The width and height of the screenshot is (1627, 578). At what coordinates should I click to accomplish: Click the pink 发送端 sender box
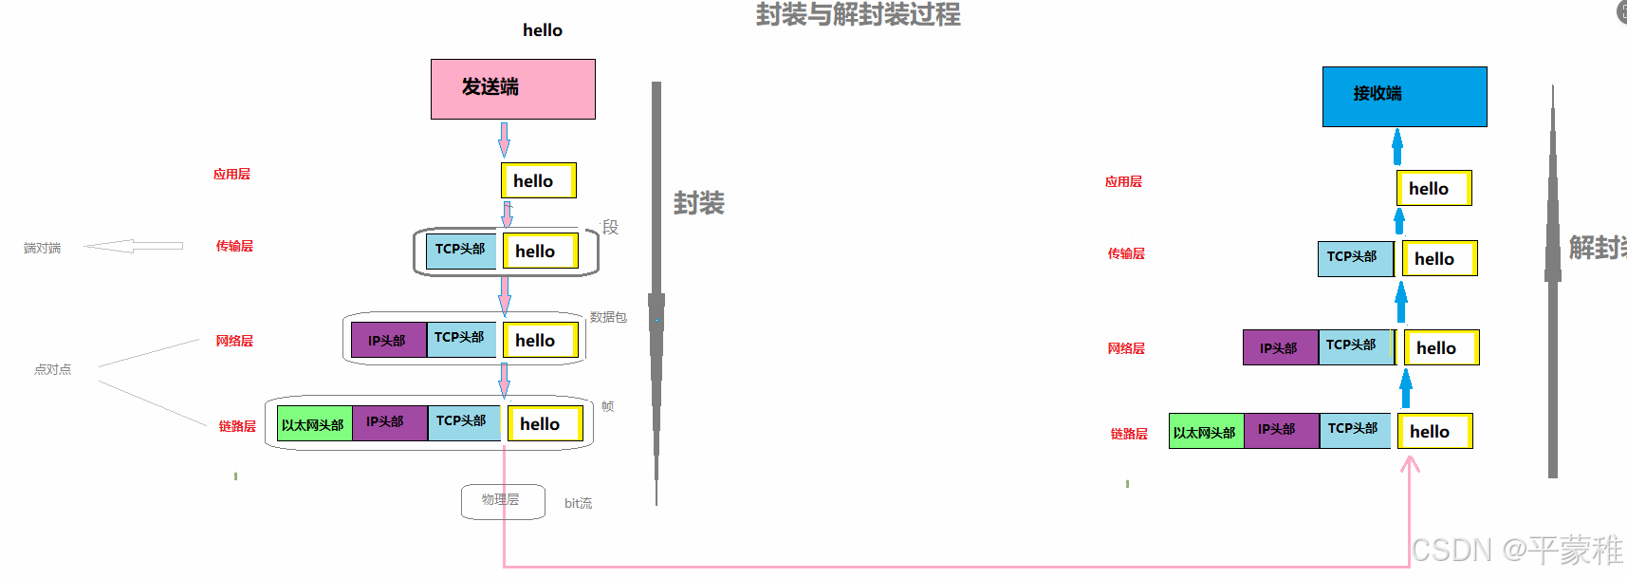(x=512, y=89)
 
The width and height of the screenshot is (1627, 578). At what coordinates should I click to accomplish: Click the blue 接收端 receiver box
(x=1404, y=96)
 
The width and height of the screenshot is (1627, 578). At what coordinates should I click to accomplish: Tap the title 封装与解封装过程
(x=858, y=15)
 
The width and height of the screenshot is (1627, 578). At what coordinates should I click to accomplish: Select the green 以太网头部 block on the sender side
(x=314, y=423)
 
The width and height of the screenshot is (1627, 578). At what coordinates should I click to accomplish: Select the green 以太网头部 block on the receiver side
(x=1206, y=431)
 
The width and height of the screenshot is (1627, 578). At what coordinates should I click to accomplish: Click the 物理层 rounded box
(x=503, y=501)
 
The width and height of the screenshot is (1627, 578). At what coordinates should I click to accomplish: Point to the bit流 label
(x=578, y=503)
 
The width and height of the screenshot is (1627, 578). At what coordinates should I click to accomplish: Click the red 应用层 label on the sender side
(x=231, y=174)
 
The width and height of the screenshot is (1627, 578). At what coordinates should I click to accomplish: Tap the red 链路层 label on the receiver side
(x=1129, y=434)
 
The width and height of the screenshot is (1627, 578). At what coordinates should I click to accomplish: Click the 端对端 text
(x=42, y=248)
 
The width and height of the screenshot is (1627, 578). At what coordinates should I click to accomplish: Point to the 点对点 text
(x=52, y=369)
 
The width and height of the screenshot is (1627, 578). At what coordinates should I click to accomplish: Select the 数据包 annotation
(x=608, y=317)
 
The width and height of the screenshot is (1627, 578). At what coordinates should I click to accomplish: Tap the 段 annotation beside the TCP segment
(x=610, y=227)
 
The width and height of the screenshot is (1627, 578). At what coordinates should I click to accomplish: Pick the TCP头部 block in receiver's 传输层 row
(x=1355, y=258)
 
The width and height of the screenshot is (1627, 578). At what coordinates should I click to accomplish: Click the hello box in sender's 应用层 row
(x=538, y=180)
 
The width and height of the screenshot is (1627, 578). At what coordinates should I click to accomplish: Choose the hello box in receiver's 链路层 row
(x=1434, y=431)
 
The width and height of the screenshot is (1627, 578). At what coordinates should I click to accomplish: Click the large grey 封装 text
(x=698, y=203)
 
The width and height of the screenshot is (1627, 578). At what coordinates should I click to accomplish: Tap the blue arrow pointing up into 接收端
(x=1397, y=147)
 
